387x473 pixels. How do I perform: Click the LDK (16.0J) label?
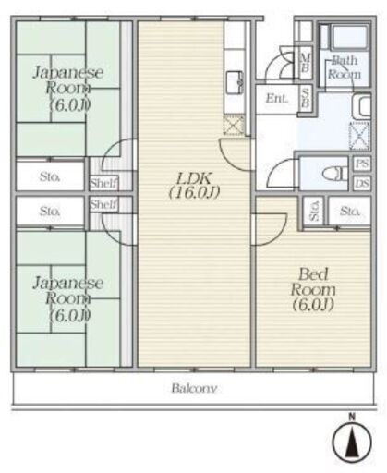click(x=194, y=185)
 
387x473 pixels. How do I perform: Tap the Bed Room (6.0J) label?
click(x=313, y=290)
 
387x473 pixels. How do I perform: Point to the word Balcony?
click(x=194, y=388)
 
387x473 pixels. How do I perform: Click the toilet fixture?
click(x=333, y=174)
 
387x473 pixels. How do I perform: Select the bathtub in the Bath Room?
click(x=350, y=38)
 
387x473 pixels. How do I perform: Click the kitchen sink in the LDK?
click(x=235, y=82)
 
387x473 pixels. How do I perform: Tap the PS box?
click(x=362, y=164)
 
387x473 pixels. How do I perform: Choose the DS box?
click(x=362, y=184)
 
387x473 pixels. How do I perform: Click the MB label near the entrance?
click(x=305, y=63)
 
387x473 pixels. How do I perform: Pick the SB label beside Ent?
click(x=305, y=98)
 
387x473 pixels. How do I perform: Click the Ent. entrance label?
click(x=277, y=99)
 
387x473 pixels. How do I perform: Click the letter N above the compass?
click(x=352, y=418)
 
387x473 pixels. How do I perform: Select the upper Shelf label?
click(x=103, y=184)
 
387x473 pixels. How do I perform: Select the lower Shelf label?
click(x=103, y=204)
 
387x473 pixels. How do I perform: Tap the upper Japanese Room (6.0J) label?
click(x=67, y=89)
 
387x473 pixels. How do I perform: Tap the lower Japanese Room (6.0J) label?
click(x=67, y=299)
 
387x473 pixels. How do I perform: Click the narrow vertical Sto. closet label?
click(x=315, y=212)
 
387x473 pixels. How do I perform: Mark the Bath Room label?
click(x=345, y=67)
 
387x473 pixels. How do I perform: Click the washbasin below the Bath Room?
click(x=362, y=106)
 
